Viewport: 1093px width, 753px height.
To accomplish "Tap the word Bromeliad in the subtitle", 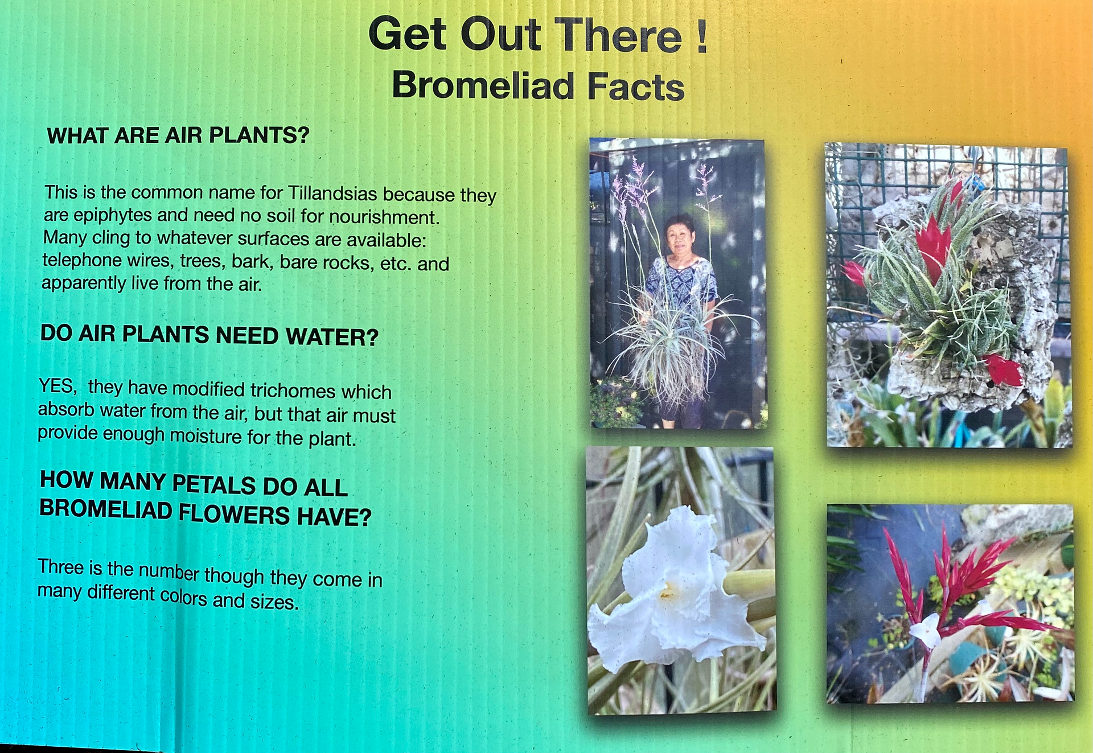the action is pos(483,85).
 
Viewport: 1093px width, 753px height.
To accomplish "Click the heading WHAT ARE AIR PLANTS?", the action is pos(178,135).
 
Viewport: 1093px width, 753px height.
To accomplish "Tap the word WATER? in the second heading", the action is pos(332,337).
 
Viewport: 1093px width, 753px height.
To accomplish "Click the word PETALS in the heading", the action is pos(214,484).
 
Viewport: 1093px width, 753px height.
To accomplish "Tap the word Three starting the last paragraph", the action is pos(61,567).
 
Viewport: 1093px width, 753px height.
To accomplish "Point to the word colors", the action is pos(183,596).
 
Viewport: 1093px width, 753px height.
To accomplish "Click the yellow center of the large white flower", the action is pos(668,592).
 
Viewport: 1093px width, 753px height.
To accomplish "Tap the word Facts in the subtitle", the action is pos(635,87).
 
